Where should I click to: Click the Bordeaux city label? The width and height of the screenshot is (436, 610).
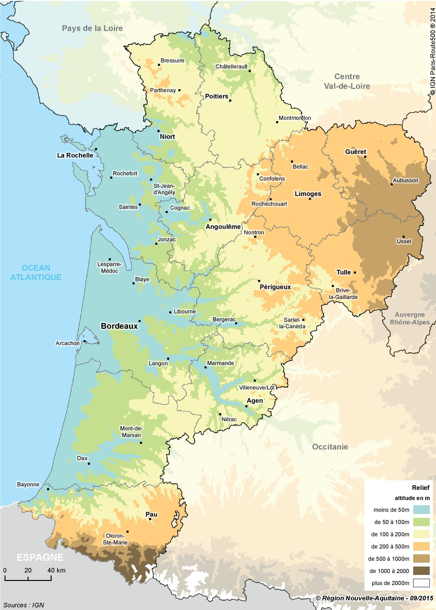point(119,326)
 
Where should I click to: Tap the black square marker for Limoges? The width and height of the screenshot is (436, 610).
point(310,199)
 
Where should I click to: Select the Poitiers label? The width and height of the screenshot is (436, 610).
point(217,96)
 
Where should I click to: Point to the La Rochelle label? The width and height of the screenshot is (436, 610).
point(75,155)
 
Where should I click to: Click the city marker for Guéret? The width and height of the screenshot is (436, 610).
point(365,157)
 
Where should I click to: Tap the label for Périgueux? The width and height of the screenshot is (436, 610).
point(275,287)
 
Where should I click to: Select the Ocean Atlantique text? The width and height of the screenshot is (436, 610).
point(36,272)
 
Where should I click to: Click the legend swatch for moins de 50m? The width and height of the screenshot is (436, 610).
point(421,510)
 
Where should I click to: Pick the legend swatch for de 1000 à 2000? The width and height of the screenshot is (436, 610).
point(421,571)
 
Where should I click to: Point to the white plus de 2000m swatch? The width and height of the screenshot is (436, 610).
point(421,583)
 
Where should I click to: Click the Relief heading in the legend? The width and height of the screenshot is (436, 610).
point(421,488)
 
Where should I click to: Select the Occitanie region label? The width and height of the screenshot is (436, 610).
point(330,447)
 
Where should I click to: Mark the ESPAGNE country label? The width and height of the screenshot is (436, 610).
point(40,557)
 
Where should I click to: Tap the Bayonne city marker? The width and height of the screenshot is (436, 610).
point(48,489)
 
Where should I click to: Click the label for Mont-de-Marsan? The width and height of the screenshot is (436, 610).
point(131,432)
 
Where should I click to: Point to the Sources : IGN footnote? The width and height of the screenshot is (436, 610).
point(24,605)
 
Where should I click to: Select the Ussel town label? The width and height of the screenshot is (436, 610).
point(404,241)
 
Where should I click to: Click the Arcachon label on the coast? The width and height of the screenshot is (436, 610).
point(68,343)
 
